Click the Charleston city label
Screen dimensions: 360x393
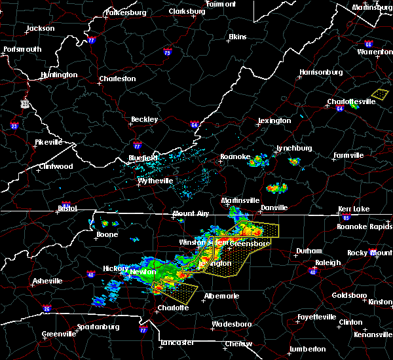[117, 79]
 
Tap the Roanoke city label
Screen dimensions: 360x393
[234, 157]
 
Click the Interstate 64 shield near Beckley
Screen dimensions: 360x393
[195, 124]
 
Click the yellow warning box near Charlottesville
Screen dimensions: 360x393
[379, 94]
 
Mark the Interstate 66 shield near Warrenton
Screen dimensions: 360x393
[369, 45]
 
